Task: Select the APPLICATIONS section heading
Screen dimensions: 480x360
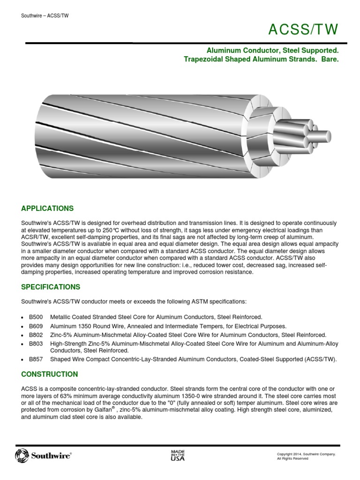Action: (47, 208)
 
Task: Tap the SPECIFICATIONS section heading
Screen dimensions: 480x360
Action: (51, 287)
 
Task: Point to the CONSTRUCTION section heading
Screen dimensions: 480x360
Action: (50, 374)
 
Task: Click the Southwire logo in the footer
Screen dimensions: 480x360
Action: (43, 455)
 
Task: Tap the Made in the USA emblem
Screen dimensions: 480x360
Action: (178, 455)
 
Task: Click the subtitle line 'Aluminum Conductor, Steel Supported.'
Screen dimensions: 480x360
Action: (273, 50)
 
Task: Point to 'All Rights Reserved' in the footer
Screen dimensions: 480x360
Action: (293, 458)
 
